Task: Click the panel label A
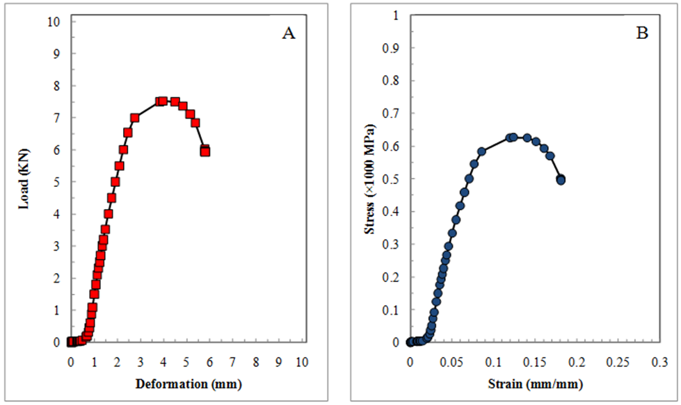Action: coord(289,33)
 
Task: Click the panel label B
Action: coord(642,33)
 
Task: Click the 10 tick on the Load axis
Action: coord(54,22)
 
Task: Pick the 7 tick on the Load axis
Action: coord(57,117)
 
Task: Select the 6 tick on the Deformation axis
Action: coord(209,362)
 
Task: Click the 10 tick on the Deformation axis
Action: coord(302,362)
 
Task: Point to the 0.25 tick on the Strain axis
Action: coord(618,362)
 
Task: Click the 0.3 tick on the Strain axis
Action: coord(659,362)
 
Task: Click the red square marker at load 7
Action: coord(135,118)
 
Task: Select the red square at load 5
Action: coord(115,182)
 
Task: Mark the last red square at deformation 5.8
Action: coord(205,151)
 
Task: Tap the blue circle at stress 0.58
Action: coord(481,151)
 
